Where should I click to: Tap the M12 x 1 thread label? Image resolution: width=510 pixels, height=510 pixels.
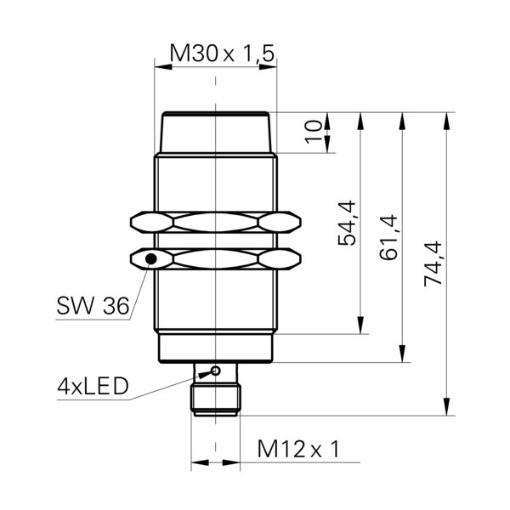[298, 449]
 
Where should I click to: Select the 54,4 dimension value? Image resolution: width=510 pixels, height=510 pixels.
[347, 223]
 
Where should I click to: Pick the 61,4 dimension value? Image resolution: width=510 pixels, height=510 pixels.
[388, 236]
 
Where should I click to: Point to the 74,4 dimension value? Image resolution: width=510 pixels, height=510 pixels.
[433, 263]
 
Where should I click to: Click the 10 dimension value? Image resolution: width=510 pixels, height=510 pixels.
[314, 132]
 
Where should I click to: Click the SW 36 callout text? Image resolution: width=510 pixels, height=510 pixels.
[93, 306]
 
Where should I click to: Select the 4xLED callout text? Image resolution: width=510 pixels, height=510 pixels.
[93, 386]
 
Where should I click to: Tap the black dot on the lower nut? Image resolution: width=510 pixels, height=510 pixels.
[151, 259]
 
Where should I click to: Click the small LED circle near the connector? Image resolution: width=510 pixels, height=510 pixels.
[216, 371]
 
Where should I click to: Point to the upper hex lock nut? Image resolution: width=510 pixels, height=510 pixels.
[216, 222]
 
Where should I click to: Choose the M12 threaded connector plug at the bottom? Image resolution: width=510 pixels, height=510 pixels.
[216, 400]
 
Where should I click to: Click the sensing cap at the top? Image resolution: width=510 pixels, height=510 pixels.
[216, 133]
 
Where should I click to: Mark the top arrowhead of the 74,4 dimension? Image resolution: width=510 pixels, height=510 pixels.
[446, 121]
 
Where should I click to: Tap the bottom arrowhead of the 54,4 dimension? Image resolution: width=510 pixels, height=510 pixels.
[360, 326]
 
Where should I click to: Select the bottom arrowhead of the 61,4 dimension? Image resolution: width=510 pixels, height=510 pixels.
[402, 354]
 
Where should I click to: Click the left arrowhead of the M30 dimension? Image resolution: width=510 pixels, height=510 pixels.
[163, 67]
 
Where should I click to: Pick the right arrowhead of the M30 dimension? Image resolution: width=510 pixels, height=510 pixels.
[269, 67]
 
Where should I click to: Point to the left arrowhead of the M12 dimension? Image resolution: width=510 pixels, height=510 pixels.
[200, 462]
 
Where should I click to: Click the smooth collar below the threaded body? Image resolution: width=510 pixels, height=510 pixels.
[216, 348]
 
